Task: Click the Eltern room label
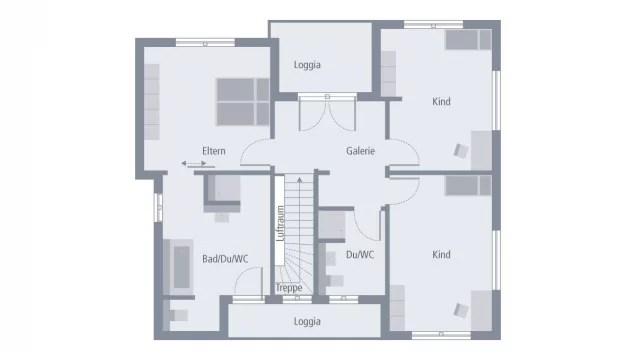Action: click(x=213, y=151)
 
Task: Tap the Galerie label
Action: click(x=360, y=151)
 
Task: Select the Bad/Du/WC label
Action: click(x=225, y=258)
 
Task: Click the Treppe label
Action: click(x=288, y=288)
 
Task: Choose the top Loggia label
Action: click(x=307, y=65)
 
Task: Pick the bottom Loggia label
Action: click(x=307, y=321)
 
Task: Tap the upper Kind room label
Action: click(x=441, y=102)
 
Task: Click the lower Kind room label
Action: click(x=441, y=255)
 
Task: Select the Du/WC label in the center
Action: click(x=360, y=254)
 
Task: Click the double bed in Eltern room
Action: click(x=243, y=101)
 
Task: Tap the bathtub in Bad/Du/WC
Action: click(x=182, y=265)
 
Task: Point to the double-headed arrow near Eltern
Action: click(x=191, y=163)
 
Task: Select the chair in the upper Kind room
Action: click(x=460, y=151)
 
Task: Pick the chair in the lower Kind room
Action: click(x=460, y=309)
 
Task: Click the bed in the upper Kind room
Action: click(x=467, y=40)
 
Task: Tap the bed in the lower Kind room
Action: click(x=467, y=186)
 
